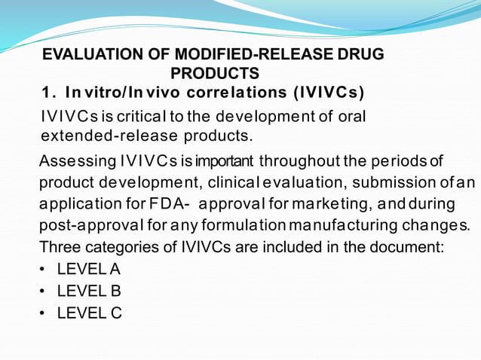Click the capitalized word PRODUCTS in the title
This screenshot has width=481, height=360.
(215, 73)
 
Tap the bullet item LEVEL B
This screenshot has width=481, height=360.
(89, 291)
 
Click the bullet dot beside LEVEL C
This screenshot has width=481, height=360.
(45, 313)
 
